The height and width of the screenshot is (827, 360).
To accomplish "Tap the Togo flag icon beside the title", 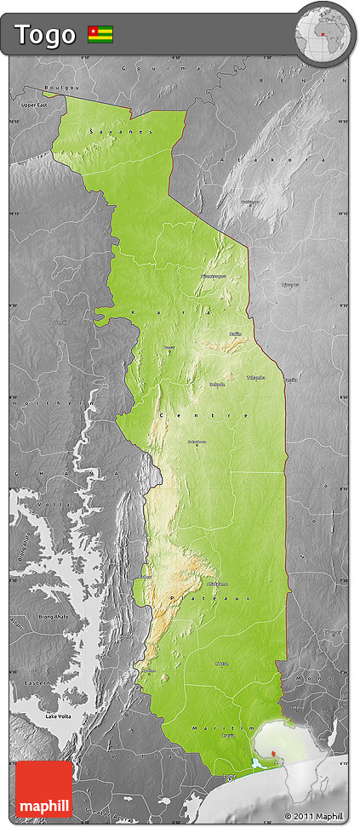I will pos(100,35).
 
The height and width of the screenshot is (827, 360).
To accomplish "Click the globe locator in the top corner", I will pos(323,35).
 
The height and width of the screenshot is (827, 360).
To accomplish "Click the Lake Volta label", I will pos(58,718).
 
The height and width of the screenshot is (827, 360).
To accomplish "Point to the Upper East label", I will pos(34,104).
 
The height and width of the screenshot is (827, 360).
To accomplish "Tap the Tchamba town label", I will pos(255,377).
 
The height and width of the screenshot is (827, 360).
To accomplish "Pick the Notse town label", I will pos(221,664).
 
